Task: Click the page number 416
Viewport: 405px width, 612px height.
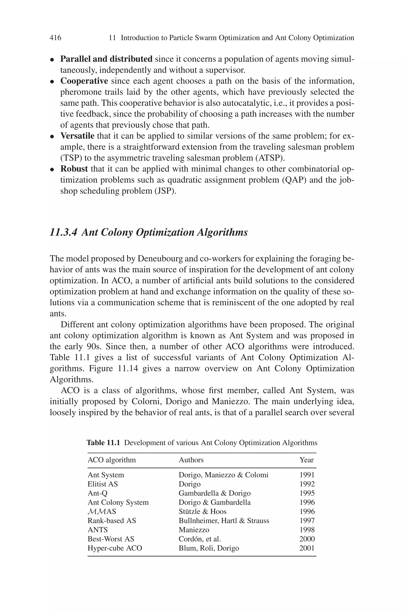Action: [x=55, y=38]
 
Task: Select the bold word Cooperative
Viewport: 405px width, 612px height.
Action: [x=84, y=81]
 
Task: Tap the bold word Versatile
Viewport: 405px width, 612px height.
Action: [x=77, y=136]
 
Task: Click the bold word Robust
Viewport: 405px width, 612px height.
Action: [x=74, y=169]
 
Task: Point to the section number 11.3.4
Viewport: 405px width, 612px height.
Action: [x=63, y=232]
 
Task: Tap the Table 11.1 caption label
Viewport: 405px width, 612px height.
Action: [x=103, y=443]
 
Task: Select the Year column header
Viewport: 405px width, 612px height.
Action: [x=306, y=460]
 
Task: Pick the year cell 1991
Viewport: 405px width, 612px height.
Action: [x=307, y=475]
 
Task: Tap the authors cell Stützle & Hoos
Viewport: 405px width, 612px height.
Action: [x=202, y=511]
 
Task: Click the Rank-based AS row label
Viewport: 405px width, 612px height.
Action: [x=112, y=521]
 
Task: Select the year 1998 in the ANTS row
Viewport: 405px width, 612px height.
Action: [x=307, y=530]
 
